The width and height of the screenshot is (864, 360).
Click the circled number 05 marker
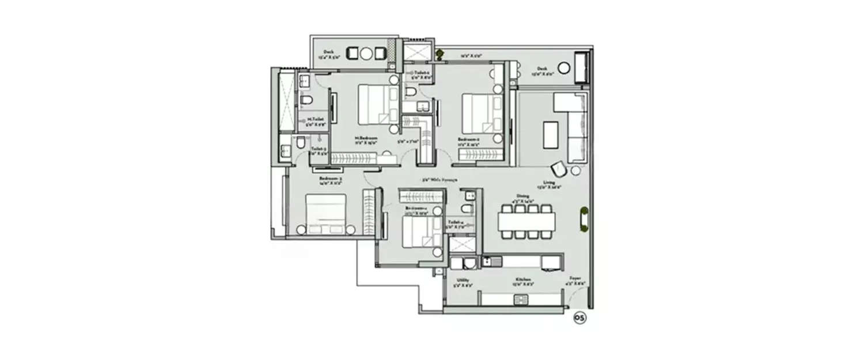[x=580, y=318]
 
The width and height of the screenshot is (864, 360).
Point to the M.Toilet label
[x=314, y=122]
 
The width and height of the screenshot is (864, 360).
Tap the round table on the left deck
[x=367, y=54]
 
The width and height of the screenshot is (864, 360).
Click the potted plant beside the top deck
[x=440, y=54]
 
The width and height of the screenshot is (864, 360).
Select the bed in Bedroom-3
[x=325, y=214]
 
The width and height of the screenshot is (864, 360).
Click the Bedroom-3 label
[x=331, y=180]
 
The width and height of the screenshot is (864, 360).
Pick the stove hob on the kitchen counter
[x=520, y=299]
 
